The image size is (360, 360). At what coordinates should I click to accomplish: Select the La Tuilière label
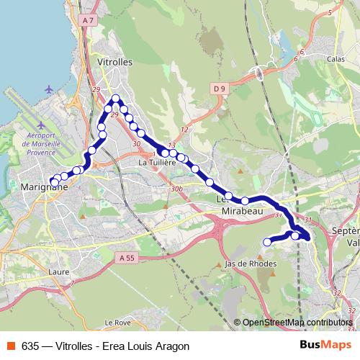coord(158,163)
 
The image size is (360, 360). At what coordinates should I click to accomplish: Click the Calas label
coord(336,59)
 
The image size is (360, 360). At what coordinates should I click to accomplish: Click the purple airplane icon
coord(49,89)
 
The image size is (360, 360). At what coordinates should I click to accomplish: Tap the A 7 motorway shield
coord(89,21)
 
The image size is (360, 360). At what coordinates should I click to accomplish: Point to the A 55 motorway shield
coord(127,257)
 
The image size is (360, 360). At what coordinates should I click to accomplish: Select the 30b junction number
coord(176,189)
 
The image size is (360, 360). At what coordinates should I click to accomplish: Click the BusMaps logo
coord(325,345)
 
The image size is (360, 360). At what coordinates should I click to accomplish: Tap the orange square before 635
coord(9,346)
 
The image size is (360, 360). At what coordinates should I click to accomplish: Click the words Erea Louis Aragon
coord(151,346)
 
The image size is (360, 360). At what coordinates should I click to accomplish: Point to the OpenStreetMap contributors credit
coord(297,323)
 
